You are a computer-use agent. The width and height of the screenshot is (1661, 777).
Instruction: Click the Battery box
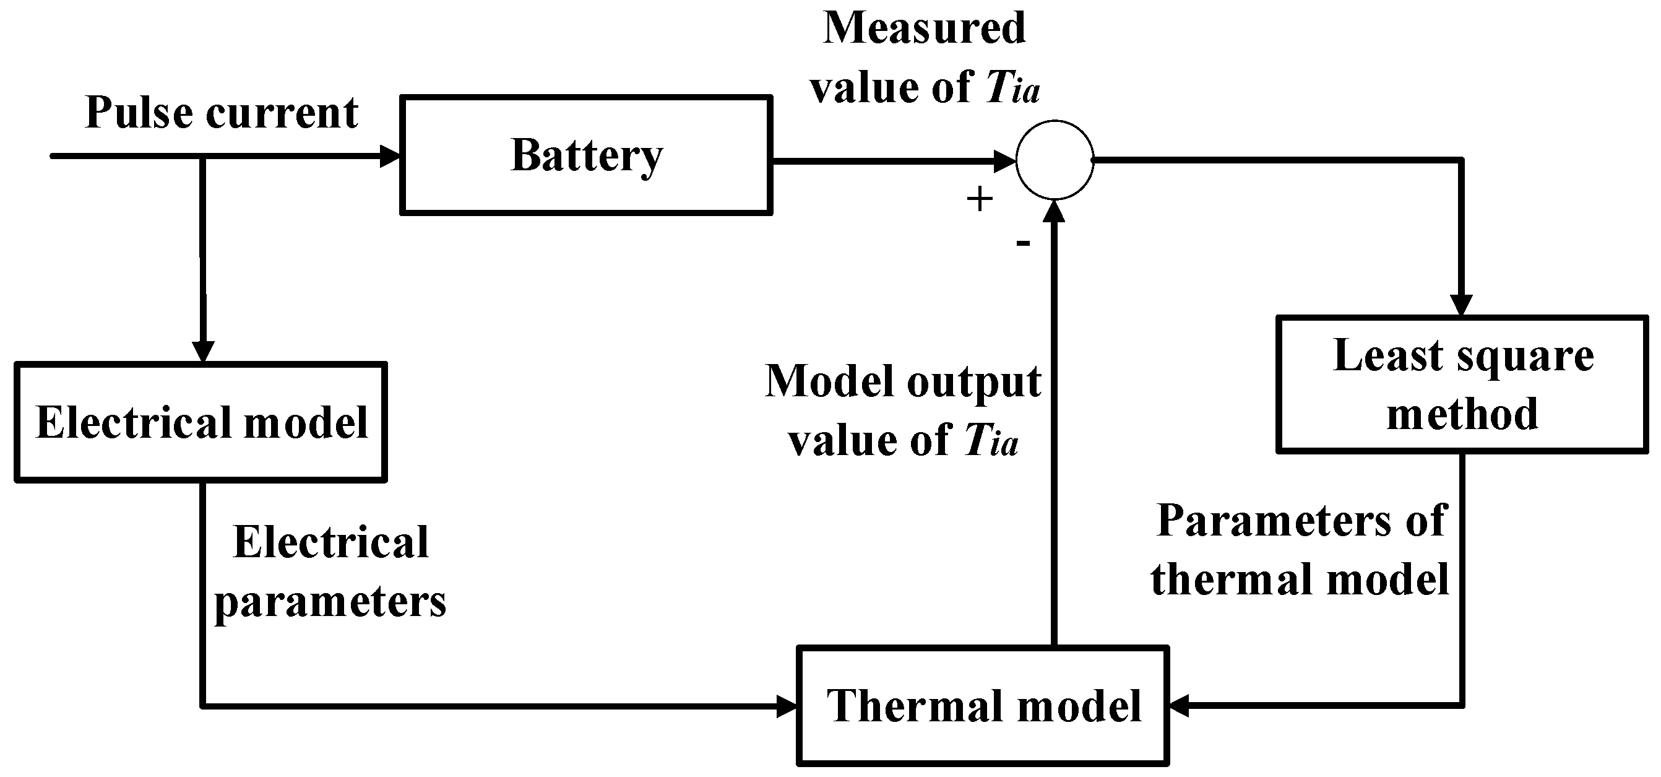pyautogui.click(x=585, y=155)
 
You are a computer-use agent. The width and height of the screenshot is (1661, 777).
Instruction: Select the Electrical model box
pyautogui.click(x=201, y=422)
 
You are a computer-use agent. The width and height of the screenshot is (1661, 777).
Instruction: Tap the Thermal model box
pyautogui.click(x=983, y=706)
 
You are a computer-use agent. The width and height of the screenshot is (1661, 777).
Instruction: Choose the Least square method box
pyautogui.click(x=1462, y=385)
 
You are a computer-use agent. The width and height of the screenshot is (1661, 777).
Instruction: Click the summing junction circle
pyautogui.click(x=1055, y=159)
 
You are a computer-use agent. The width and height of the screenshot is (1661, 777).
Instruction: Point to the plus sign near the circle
pyautogui.click(x=979, y=199)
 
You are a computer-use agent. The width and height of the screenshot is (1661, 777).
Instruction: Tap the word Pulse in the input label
pyautogui.click(x=138, y=113)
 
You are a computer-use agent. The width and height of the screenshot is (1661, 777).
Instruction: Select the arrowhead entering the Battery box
pyautogui.click(x=390, y=156)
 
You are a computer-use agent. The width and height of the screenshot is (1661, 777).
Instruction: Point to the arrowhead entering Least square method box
pyautogui.click(x=1461, y=305)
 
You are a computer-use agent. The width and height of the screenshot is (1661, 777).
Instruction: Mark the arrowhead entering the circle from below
pyautogui.click(x=1055, y=212)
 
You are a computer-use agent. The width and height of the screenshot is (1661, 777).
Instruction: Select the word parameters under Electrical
pyautogui.click(x=330, y=602)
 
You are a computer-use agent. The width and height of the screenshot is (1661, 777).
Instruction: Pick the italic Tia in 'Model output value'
pyautogui.click(x=991, y=441)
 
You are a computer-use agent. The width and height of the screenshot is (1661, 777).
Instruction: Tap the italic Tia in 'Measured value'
pyautogui.click(x=1012, y=88)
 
